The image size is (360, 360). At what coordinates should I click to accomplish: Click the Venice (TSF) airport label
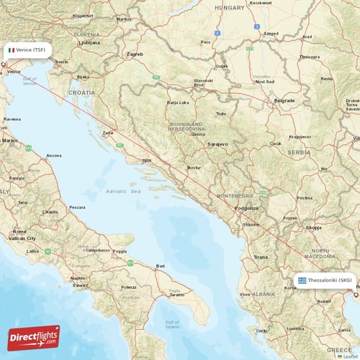(30, 50)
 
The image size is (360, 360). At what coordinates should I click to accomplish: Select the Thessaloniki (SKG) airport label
(330, 280)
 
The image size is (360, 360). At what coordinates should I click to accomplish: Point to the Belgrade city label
(284, 101)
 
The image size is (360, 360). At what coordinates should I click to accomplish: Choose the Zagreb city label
(135, 54)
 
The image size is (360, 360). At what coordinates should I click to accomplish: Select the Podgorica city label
(247, 208)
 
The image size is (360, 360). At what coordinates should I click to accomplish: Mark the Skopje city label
(314, 228)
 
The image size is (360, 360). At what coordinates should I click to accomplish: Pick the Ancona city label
(54, 156)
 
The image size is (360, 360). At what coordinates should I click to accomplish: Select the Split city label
(147, 161)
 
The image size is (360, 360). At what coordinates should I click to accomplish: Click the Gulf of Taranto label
(172, 323)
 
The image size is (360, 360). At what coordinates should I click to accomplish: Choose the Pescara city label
(77, 207)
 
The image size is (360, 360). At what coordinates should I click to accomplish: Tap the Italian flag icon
(12, 50)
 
